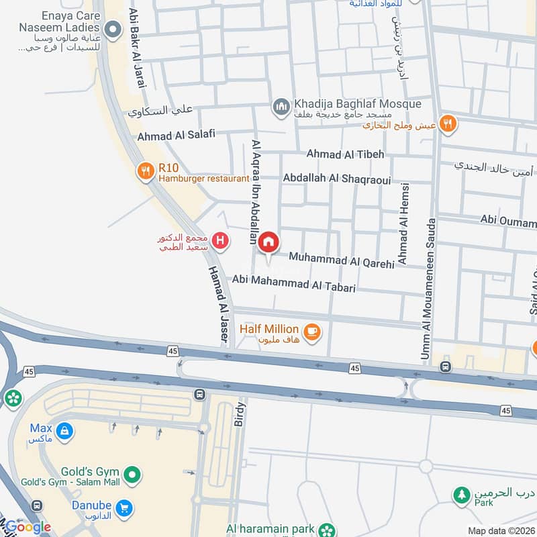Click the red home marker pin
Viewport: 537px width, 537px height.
point(269,243)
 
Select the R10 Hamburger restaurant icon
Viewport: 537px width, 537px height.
point(145,172)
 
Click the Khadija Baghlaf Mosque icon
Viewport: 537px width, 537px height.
point(281,106)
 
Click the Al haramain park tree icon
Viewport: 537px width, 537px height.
point(326,530)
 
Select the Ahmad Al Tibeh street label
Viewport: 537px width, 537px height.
point(345,154)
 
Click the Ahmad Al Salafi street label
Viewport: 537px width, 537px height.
point(176,135)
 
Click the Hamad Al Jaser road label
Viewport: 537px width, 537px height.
point(215,296)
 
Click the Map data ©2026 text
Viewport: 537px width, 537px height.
point(501,531)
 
